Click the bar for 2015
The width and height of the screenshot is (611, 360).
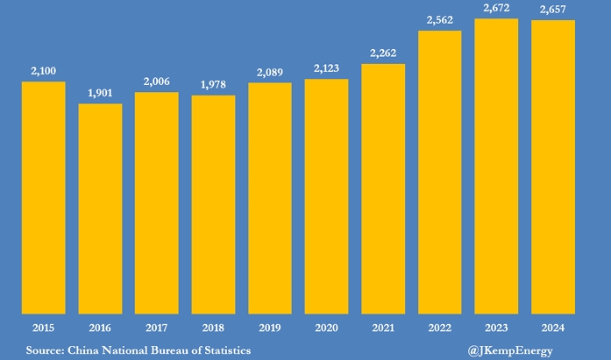pyautogui.click(x=44, y=197)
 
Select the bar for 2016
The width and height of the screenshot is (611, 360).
pyautogui.click(x=100, y=208)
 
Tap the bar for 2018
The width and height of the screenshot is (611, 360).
pyautogui.click(x=213, y=204)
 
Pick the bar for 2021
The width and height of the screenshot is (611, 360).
pyautogui.click(x=383, y=188)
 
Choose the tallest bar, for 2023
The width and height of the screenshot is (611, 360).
pyautogui.click(x=496, y=166)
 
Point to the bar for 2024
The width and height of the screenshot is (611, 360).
pyautogui.click(x=553, y=166)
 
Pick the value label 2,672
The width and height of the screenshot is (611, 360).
pyautogui.click(x=496, y=9)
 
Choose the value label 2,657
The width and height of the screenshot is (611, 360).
pyautogui.click(x=553, y=11)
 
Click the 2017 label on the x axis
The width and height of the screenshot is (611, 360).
pyautogui.click(x=157, y=328)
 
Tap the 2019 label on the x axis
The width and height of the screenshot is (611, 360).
pyautogui.click(x=270, y=328)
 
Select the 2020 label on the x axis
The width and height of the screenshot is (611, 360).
pyautogui.click(x=327, y=328)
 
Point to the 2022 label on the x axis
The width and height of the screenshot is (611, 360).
pyautogui.click(x=440, y=328)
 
